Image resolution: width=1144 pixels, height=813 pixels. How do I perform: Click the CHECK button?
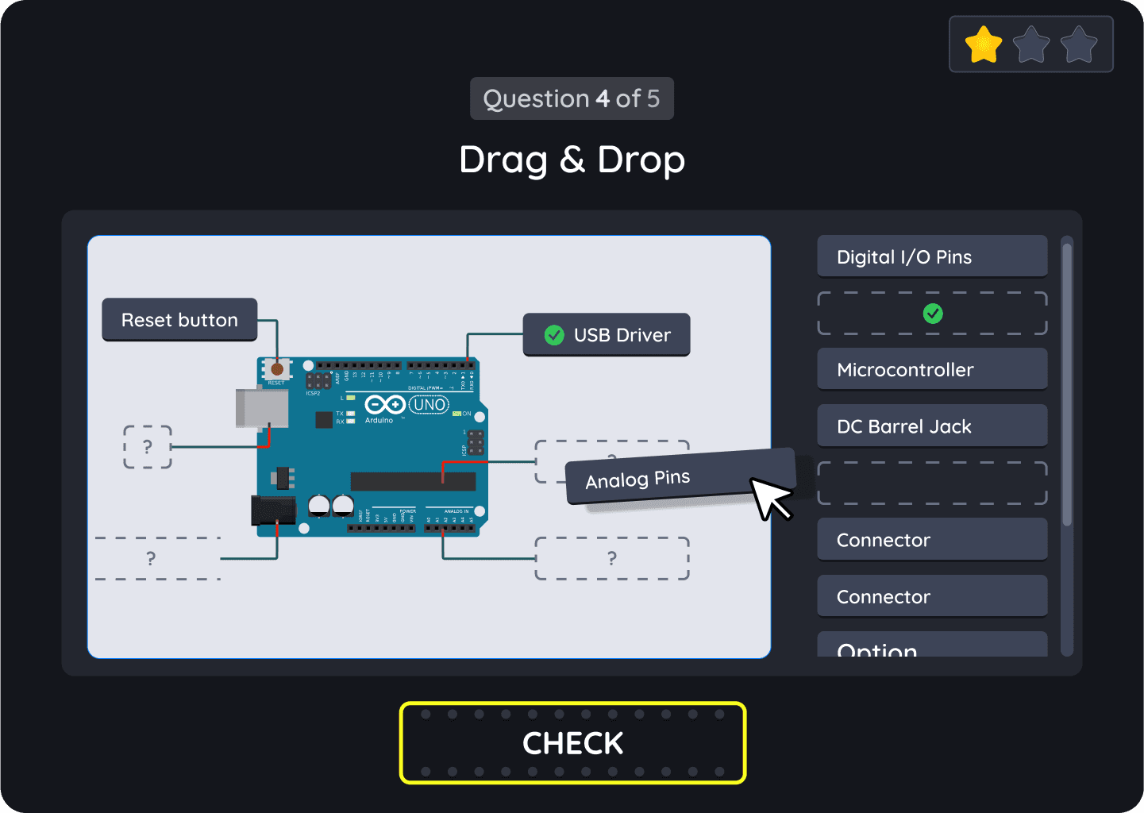pyautogui.click(x=572, y=743)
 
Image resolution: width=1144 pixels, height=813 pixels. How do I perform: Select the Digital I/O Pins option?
pyautogui.click(x=932, y=256)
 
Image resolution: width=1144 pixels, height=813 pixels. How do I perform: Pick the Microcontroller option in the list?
pyautogui.click(x=932, y=369)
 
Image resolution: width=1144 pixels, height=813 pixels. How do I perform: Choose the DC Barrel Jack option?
pyautogui.click(x=932, y=426)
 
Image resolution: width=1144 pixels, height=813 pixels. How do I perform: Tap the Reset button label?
pyautogui.click(x=179, y=320)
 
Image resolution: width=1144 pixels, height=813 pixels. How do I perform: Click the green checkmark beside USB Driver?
pyautogui.click(x=554, y=335)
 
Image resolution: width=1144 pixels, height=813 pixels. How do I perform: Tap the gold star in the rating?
pyautogui.click(x=984, y=44)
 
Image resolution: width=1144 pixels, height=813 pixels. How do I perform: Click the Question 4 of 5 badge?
pyautogui.click(x=572, y=98)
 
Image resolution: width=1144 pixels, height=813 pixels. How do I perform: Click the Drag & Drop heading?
pyautogui.click(x=572, y=160)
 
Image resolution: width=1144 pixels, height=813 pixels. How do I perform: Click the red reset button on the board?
pyautogui.click(x=277, y=369)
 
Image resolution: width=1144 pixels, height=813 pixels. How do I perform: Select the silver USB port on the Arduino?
pyautogui.click(x=261, y=408)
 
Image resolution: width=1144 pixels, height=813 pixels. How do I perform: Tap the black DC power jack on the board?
pyautogui.click(x=272, y=511)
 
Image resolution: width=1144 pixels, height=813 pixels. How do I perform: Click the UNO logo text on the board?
pyautogui.click(x=429, y=405)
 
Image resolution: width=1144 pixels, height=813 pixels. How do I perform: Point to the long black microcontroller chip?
pyautogui.click(x=413, y=481)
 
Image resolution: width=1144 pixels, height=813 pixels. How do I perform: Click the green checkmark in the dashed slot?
pyautogui.click(x=933, y=314)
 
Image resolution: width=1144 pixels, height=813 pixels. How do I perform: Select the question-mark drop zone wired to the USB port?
pyautogui.click(x=148, y=447)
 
